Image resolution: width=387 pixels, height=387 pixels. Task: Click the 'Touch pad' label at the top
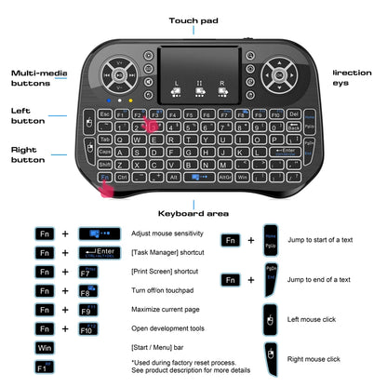pos(193,20)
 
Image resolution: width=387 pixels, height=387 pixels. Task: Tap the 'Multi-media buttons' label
pos(36,77)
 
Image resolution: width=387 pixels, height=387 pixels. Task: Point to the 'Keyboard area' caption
pos(193,212)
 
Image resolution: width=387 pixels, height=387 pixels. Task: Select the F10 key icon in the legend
pos(90,328)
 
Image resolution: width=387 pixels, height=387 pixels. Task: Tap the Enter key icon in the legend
pos(99,252)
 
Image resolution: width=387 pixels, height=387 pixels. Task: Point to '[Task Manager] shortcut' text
pos(170,252)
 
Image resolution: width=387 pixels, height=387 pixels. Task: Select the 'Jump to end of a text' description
pos(318,279)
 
